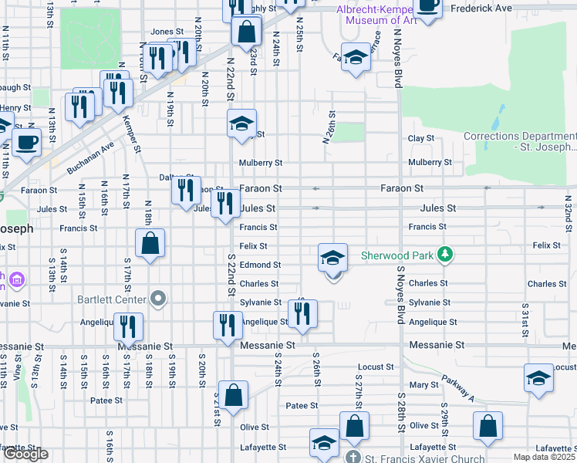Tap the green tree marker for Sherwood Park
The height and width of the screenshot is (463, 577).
(444, 254)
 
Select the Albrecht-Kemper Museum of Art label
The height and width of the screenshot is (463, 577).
(377, 15)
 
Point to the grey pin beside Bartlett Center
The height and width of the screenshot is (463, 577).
(158, 298)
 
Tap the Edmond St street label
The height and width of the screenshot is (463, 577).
(259, 265)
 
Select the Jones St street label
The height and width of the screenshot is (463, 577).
(167, 32)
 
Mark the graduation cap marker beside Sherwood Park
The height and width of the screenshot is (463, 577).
(332, 257)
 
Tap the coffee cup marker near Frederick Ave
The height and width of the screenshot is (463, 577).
(427, 6)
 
